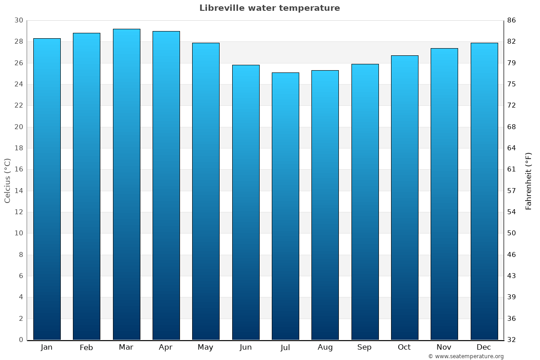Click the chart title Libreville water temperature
tap(270, 8)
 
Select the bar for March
tap(126, 184)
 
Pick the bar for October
tap(405, 198)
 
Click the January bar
tap(47, 189)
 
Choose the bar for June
tap(246, 202)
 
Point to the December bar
tap(484, 191)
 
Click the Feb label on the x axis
tap(86, 347)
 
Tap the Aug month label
tap(325, 347)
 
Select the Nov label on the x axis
tap(444, 347)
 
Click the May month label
tap(206, 347)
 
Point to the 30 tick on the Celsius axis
tap(18, 20)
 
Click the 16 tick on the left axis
tap(18, 170)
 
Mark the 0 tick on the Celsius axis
tap(21, 340)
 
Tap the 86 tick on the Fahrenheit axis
tap(512, 20)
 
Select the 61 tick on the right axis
tap(512, 170)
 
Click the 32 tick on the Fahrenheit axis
tap(512, 340)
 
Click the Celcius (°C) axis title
tap(7, 180)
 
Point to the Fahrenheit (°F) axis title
tap(529, 180)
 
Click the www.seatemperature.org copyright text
tap(466, 356)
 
